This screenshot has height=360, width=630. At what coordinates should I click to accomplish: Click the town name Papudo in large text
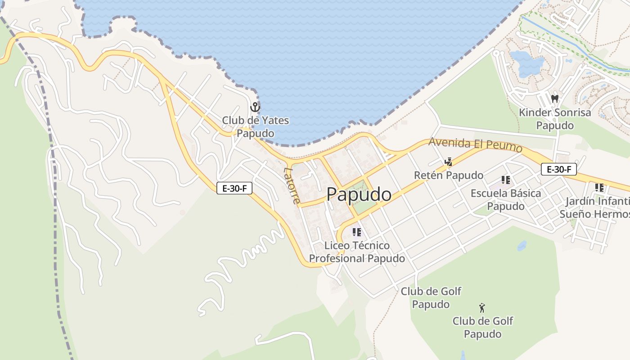[x=359, y=194]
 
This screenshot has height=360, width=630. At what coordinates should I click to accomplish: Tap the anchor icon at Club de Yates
[x=255, y=108]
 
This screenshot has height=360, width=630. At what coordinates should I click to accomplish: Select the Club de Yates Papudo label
[x=255, y=127]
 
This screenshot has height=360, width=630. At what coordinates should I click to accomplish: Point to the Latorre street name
[x=292, y=185]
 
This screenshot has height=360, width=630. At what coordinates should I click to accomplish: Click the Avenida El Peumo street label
[x=475, y=144]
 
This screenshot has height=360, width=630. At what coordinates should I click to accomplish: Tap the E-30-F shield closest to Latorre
[x=234, y=188]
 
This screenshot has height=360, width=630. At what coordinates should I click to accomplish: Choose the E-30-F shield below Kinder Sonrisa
[x=558, y=169]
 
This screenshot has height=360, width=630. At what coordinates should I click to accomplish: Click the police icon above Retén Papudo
[x=448, y=162]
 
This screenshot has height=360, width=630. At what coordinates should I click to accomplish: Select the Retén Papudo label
[x=448, y=175]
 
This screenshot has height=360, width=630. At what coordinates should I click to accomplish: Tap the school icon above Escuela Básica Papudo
[x=506, y=180]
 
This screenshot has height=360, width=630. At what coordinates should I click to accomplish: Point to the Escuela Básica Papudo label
[x=506, y=199]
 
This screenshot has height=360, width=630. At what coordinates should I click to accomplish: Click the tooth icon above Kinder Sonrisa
[x=554, y=99]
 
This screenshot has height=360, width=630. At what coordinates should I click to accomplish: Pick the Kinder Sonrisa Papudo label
[x=554, y=118]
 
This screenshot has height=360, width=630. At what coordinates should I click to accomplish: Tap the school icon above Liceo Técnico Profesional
[x=357, y=232]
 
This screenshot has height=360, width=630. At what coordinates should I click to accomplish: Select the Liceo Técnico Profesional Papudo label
[x=357, y=252]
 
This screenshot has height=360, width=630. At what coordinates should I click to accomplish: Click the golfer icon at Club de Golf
[x=482, y=308]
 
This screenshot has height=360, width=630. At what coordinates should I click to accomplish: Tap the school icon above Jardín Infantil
[x=599, y=187]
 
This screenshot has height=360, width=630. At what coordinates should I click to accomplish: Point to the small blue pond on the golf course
[x=522, y=246]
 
